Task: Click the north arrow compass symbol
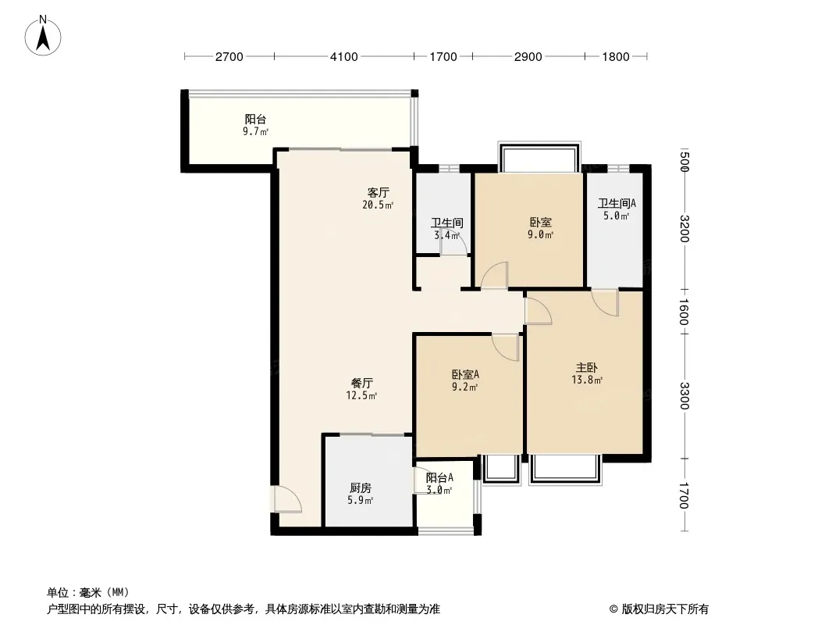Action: pos(43,36)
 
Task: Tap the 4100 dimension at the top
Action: pos(344,57)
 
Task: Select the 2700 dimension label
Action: pos(229,57)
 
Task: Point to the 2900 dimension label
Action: pos(528,57)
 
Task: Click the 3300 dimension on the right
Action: pos(684,395)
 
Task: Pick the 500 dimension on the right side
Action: pos(684,162)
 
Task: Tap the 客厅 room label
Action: pos(379,192)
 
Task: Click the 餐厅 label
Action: pos(362,383)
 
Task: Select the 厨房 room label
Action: pos(361,488)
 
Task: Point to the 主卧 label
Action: pos(587,367)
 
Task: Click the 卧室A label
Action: pos(465,375)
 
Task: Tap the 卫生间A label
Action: pos(617,203)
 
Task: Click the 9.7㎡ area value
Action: pos(255,132)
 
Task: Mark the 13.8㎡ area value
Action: pos(587,380)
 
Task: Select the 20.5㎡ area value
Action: pos(378,205)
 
